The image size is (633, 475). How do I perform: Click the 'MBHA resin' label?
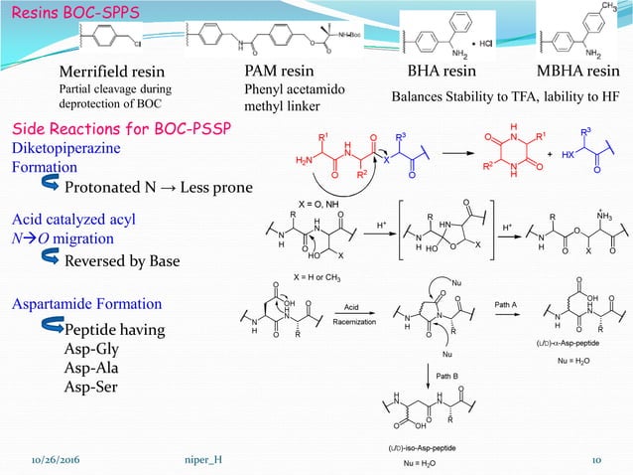coord(578,73)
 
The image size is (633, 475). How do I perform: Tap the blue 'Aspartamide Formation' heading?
coord(86,303)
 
